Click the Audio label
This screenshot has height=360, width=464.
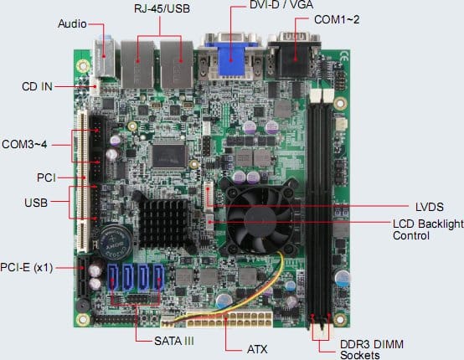pos(72,23)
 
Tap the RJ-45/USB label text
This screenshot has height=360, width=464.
pos(162,8)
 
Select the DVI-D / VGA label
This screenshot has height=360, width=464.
pos(281,4)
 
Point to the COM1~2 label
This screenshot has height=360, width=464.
pos(337,19)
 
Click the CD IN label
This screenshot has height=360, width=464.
pos(37,86)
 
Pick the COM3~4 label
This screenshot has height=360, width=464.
pos(24,144)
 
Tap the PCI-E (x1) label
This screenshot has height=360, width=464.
pos(26,267)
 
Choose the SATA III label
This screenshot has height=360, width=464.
pos(174,341)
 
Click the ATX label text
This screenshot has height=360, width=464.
pos(257,349)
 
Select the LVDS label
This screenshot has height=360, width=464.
pos(430,207)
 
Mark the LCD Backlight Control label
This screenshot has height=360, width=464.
pos(428,229)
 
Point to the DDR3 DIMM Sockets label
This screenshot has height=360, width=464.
pos(371,349)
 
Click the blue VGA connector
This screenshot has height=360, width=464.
pos(231,59)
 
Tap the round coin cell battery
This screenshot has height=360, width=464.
pos(116,242)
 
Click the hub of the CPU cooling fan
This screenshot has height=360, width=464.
pos(260,220)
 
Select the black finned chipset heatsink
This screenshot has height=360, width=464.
pos(163,223)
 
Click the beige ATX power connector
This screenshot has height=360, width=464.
pos(229,319)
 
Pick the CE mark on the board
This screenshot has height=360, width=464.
pos(344,56)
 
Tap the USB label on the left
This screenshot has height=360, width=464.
pos(36,203)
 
